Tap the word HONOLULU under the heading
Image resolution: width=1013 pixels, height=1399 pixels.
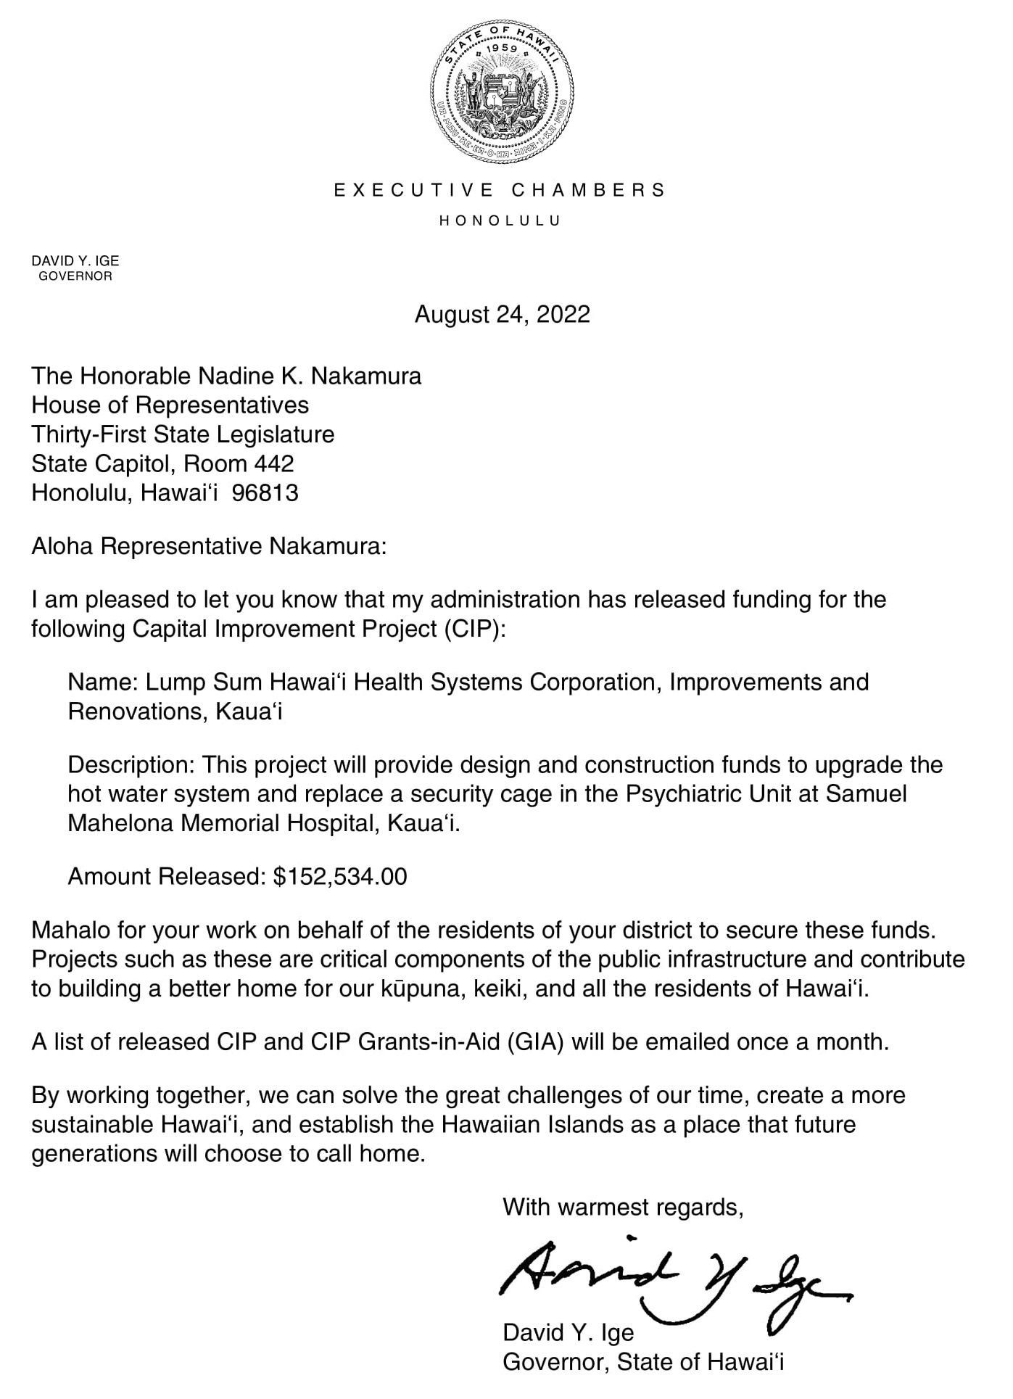(500, 220)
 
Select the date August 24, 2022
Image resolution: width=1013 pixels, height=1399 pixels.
(502, 315)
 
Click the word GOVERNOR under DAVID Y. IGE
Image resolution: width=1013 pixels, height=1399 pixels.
(75, 276)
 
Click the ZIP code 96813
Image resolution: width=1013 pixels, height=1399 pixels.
(266, 493)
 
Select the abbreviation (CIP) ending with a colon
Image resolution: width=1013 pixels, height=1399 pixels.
(472, 628)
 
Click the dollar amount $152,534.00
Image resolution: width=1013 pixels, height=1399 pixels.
(340, 876)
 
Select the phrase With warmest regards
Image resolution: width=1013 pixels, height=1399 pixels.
(623, 1207)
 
